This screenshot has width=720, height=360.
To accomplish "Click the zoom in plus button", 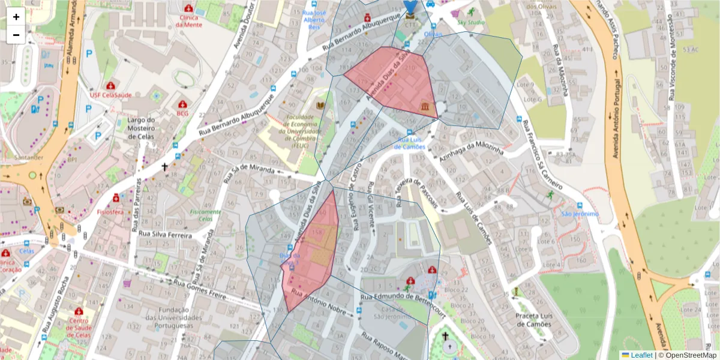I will [16, 17].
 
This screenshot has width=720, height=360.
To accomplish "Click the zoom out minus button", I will [16, 35].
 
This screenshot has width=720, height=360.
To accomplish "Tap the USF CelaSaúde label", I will [110, 95].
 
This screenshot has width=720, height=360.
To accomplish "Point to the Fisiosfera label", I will [110, 212].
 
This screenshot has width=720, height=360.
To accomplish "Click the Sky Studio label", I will [470, 22].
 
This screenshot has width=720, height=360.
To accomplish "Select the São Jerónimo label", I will [580, 214].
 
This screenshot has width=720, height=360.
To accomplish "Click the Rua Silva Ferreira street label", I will [165, 235].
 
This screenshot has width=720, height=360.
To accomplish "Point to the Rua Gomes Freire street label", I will [200, 289].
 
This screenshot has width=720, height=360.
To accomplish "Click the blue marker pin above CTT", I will [410, 6].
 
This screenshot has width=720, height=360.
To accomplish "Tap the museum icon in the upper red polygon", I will [425, 106].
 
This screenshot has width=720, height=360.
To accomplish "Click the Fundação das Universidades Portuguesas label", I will [175, 317].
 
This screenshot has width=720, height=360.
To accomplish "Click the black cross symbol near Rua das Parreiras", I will [165, 167].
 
